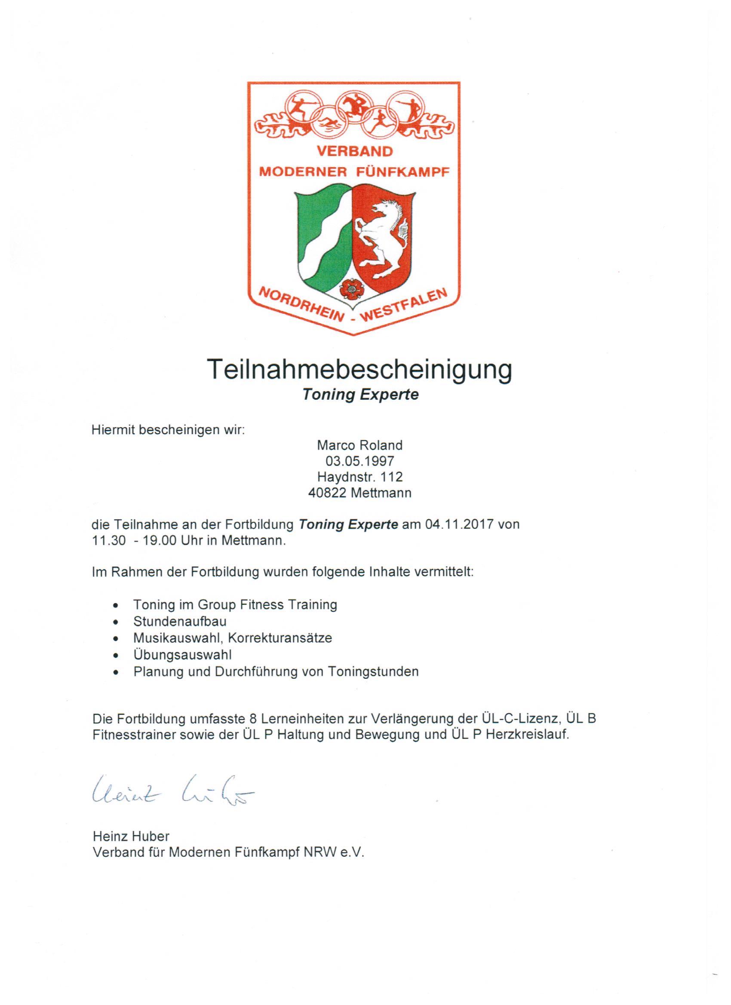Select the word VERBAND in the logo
coord(354,152)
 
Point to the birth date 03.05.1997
coord(359,461)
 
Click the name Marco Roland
coord(359,445)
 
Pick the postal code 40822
coord(327,493)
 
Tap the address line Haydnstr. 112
coord(359,477)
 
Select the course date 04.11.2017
coord(459,525)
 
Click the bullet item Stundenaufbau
coord(180,621)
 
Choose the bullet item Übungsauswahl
coord(183,655)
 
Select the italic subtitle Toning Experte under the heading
coord(360,395)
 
